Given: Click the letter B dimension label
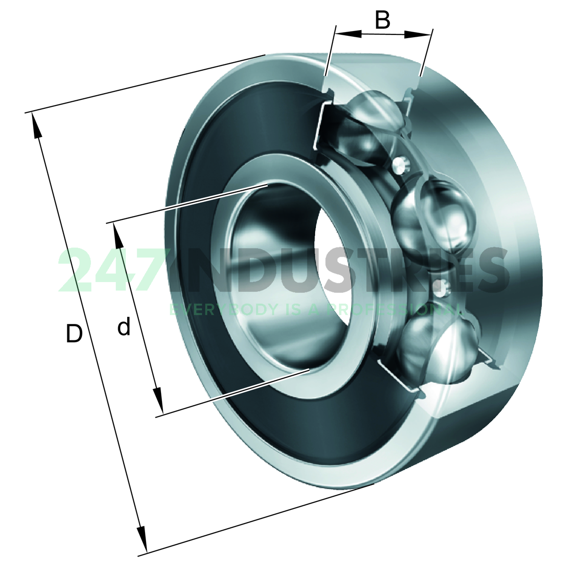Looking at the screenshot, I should (x=383, y=20).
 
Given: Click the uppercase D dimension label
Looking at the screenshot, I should (x=74, y=334).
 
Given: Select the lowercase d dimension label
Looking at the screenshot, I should (x=124, y=327).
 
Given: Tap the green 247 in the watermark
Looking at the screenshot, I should (x=113, y=271).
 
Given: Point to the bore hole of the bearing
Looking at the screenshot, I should (x=282, y=278).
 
